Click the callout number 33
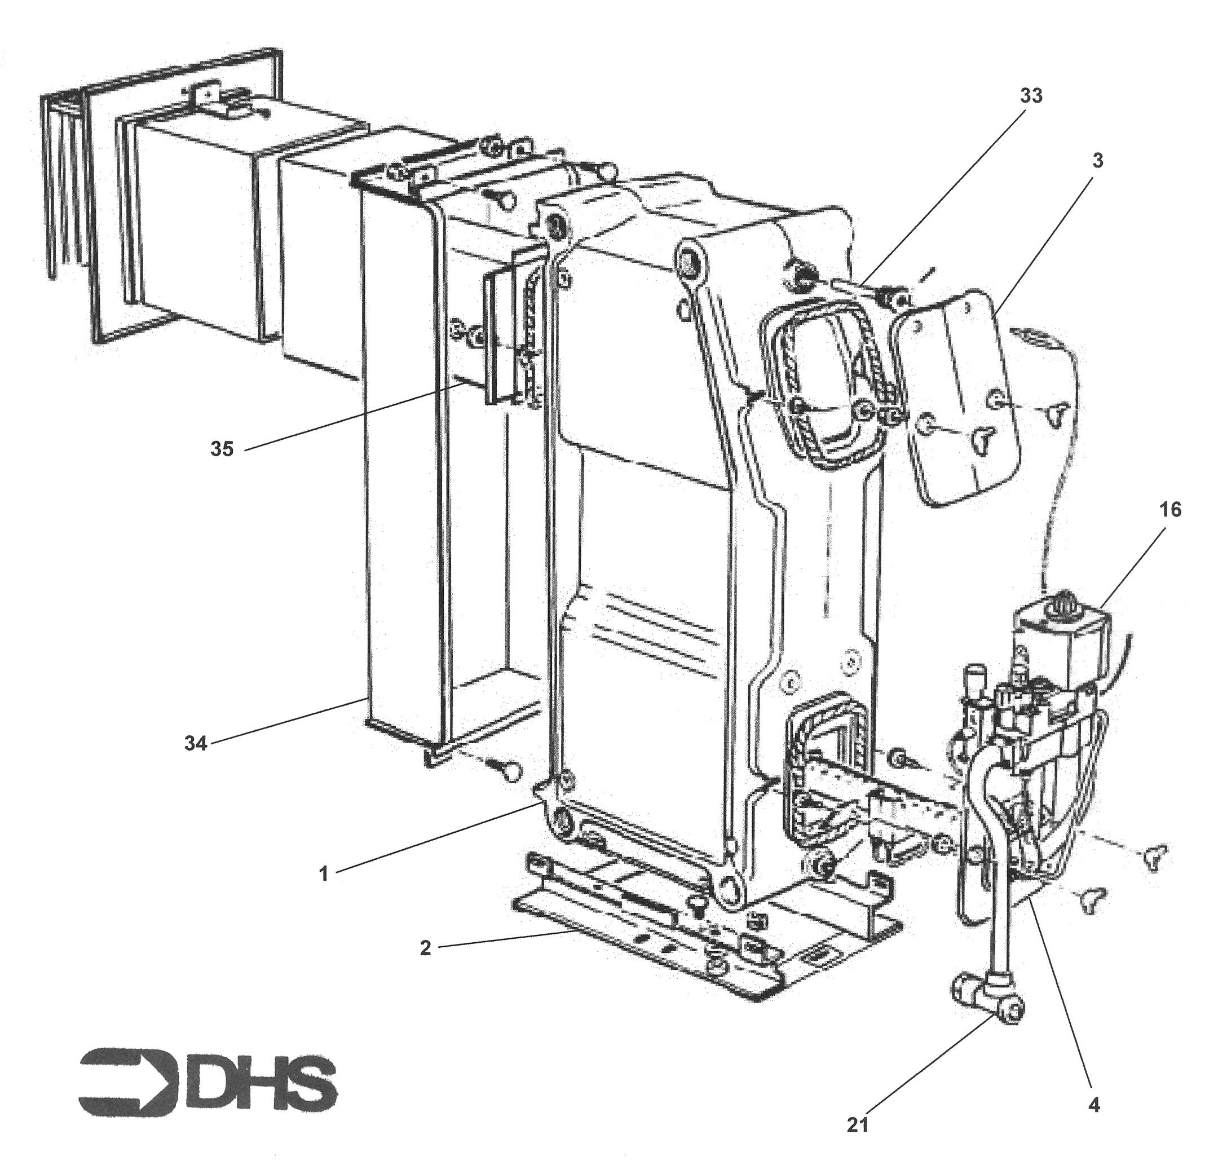point(1031,96)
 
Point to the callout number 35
point(222,449)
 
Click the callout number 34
point(196,743)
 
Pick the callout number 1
point(323,874)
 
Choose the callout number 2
point(425,947)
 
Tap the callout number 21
point(858,1124)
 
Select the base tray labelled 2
point(650,947)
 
